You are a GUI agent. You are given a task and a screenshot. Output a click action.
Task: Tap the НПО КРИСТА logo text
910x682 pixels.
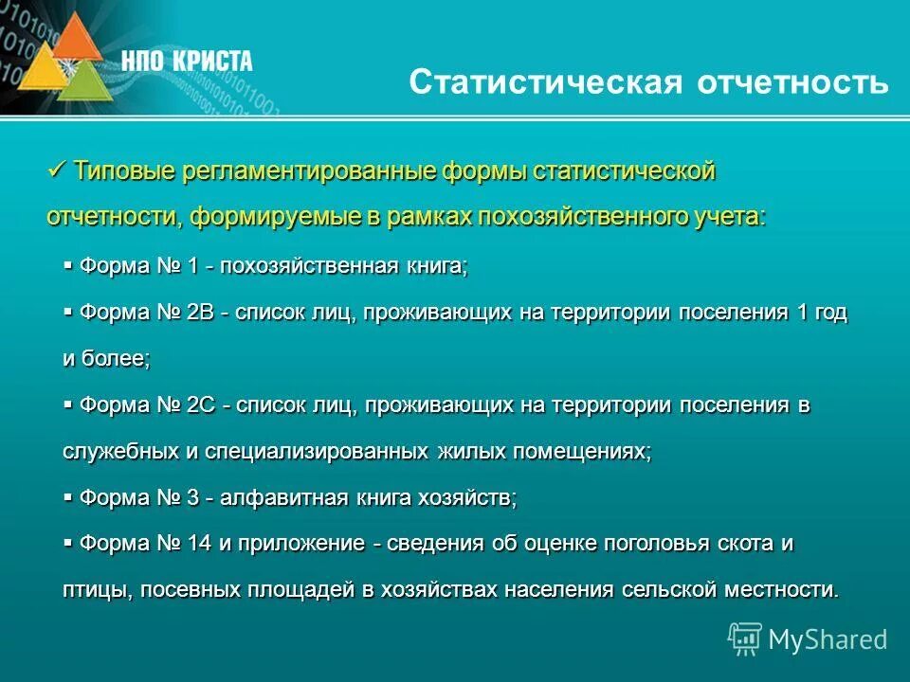pos(187,62)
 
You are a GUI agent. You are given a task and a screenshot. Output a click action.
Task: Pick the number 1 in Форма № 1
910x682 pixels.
pos(192,267)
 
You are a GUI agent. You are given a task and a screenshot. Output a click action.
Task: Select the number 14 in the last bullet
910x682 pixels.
pos(199,544)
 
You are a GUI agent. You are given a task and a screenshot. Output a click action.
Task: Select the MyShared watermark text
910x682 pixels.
pos(828,639)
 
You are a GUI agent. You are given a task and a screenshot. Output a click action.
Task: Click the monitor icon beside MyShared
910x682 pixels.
pos(745,639)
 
